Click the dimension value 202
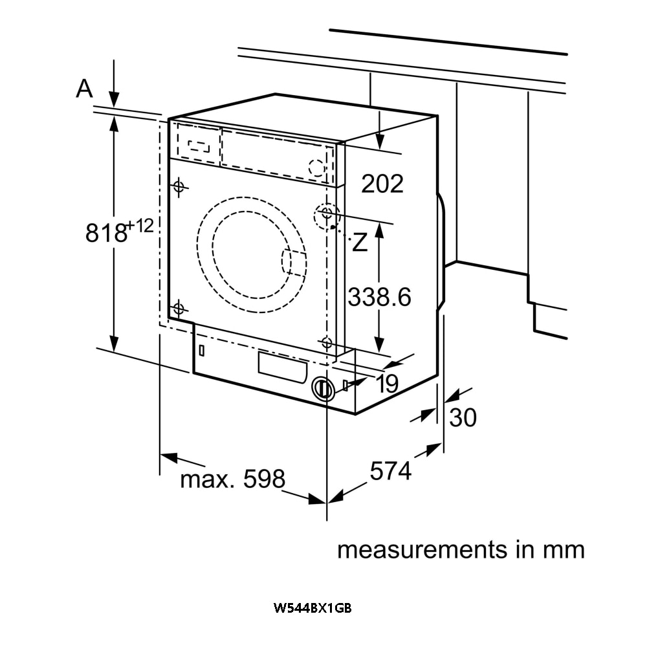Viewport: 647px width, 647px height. (x=382, y=184)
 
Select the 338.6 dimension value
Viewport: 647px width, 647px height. (x=379, y=297)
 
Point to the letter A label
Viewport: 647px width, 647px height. (x=84, y=89)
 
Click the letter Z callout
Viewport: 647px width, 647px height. (x=360, y=243)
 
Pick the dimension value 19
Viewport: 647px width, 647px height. (x=387, y=384)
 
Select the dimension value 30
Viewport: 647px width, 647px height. (x=463, y=417)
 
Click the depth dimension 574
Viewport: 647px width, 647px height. (x=390, y=471)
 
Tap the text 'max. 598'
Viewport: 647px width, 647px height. (x=232, y=479)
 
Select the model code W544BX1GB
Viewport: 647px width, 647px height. (x=313, y=608)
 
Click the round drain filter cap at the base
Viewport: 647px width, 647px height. (x=323, y=388)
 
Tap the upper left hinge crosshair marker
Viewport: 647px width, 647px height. (x=179, y=188)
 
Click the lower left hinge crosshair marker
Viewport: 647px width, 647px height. (x=179, y=308)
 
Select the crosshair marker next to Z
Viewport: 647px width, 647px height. (x=326, y=213)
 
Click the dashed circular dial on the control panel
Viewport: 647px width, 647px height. (x=316, y=168)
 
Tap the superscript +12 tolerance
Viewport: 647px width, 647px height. (x=140, y=226)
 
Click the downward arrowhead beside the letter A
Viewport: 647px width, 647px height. (x=115, y=98)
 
